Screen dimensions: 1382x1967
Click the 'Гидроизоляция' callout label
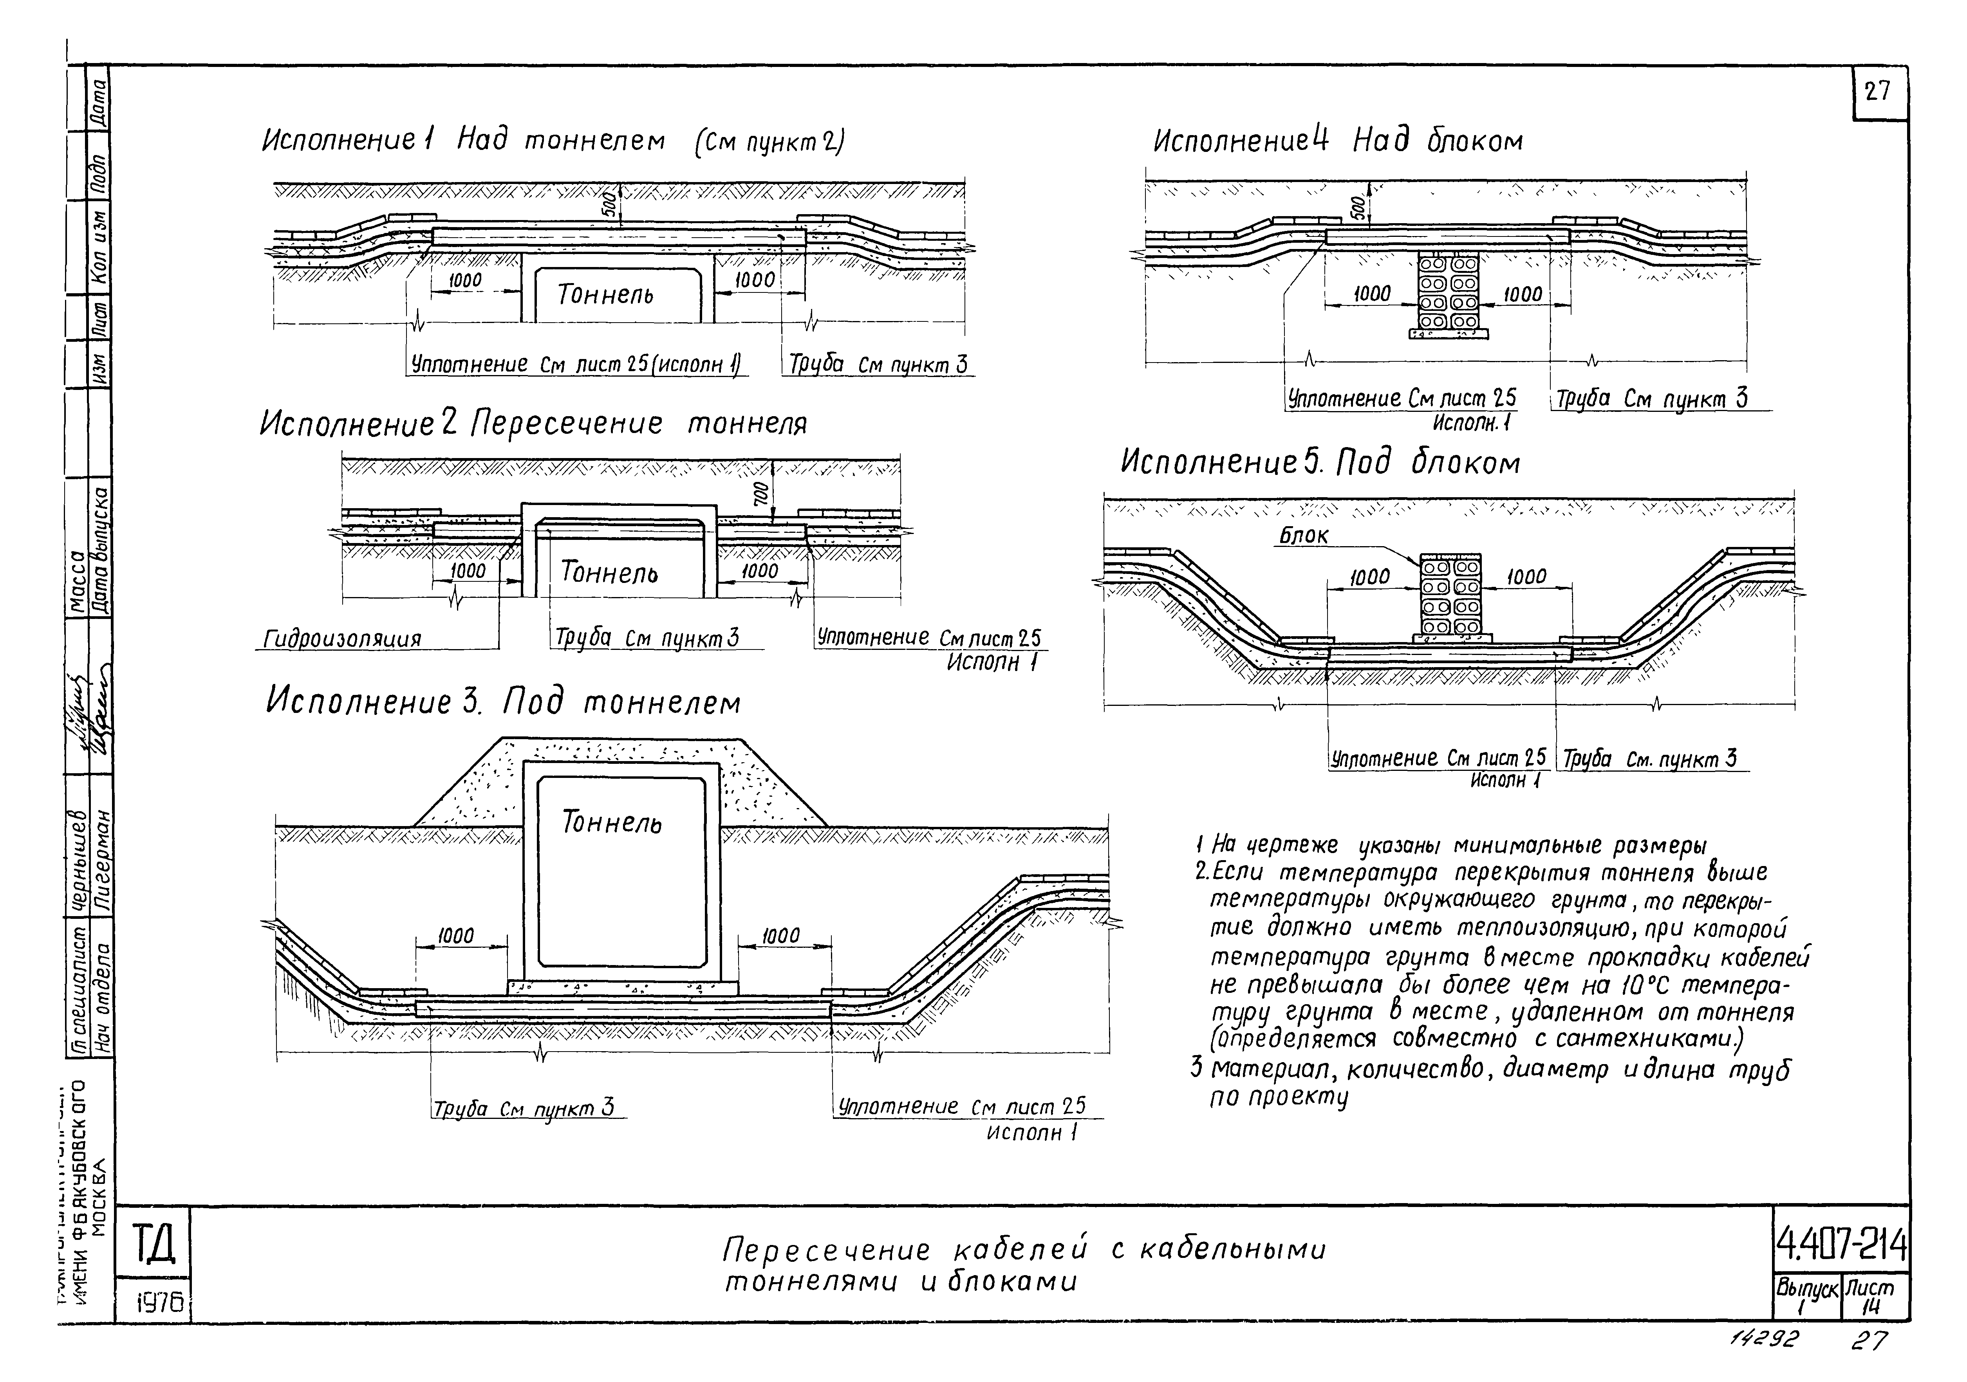pos(342,639)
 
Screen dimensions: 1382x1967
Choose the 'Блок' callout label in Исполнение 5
pos(1303,536)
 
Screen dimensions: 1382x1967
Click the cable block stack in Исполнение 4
pos(1448,291)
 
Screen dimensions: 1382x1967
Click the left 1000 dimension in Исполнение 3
pos(456,936)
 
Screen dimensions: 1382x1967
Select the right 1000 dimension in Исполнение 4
pos(1523,294)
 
